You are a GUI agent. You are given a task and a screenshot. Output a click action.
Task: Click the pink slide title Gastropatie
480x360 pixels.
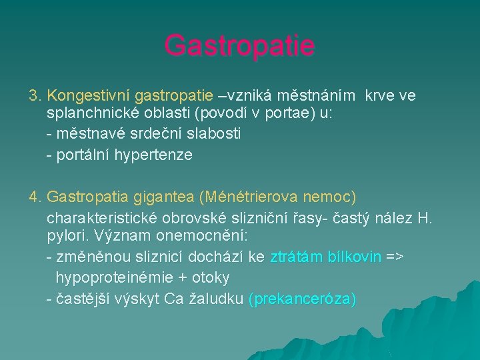click(x=239, y=46)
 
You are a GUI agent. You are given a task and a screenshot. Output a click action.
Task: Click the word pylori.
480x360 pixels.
click(x=66, y=237)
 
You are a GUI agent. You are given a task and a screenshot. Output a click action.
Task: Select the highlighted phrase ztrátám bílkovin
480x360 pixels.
click(x=325, y=257)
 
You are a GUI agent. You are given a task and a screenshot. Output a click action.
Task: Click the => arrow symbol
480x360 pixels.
click(x=395, y=257)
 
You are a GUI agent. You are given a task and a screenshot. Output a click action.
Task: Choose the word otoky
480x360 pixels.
click(x=209, y=277)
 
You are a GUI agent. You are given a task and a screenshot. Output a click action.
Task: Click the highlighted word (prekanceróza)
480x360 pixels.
click(x=302, y=299)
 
